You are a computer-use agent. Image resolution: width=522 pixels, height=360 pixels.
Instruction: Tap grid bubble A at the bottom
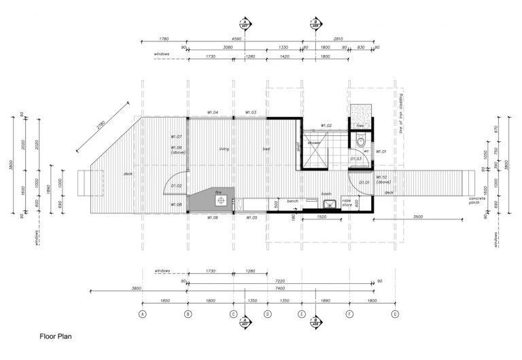click(143, 314)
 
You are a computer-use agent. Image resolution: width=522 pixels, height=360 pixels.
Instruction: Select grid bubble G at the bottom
click(395, 314)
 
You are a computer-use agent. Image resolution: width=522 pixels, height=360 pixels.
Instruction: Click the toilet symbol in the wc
click(361, 141)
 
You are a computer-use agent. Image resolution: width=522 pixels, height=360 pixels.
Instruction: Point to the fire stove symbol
click(220, 200)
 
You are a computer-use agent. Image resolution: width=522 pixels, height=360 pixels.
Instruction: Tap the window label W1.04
click(213, 112)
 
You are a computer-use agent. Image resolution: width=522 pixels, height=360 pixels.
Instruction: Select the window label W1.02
click(326, 126)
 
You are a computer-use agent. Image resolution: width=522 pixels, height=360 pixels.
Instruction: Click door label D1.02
click(175, 185)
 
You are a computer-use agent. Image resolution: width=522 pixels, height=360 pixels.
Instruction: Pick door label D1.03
click(355, 158)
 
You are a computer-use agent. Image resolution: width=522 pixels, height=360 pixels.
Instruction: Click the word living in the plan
click(224, 149)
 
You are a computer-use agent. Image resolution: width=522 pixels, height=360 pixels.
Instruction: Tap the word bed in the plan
click(266, 149)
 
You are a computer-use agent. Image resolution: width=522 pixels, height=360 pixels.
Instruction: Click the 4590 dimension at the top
click(237, 39)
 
